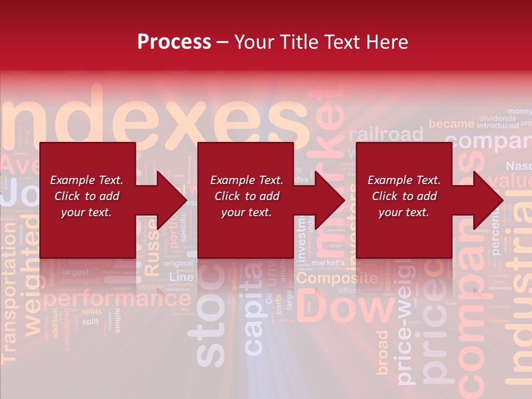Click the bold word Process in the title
(174, 42)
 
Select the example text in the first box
(86, 196)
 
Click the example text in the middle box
(246, 196)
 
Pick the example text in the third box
(404, 196)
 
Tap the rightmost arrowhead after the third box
(489, 200)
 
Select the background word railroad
(386, 135)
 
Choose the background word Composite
(341, 279)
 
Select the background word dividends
(497, 118)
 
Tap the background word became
(451, 124)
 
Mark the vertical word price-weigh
(406, 332)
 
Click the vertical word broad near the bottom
(383, 352)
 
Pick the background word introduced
(497, 126)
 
